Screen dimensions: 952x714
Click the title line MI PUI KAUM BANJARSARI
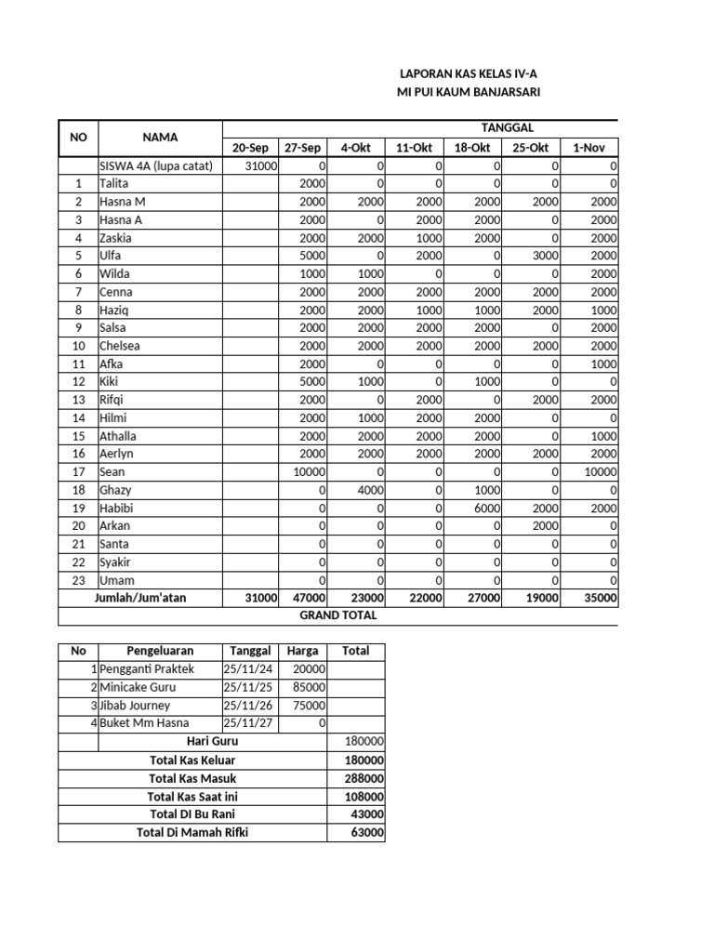pyautogui.click(x=469, y=91)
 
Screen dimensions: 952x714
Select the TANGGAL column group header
pyautogui.click(x=506, y=128)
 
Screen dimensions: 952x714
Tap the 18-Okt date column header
pyautogui.click(x=472, y=148)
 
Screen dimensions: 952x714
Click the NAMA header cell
pyautogui.click(x=160, y=138)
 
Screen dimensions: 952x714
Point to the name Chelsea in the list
pyautogui.click(x=120, y=346)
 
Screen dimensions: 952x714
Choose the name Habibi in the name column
pyautogui.click(x=117, y=508)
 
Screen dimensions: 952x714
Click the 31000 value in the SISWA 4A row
pyautogui.click(x=260, y=165)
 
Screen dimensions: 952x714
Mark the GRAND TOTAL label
pyautogui.click(x=337, y=615)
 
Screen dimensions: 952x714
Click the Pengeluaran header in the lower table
pyautogui.click(x=159, y=652)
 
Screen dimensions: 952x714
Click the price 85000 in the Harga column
pyautogui.click(x=308, y=688)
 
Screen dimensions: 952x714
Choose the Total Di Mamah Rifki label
pyautogui.click(x=192, y=832)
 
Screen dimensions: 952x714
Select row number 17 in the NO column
pyautogui.click(x=79, y=472)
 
